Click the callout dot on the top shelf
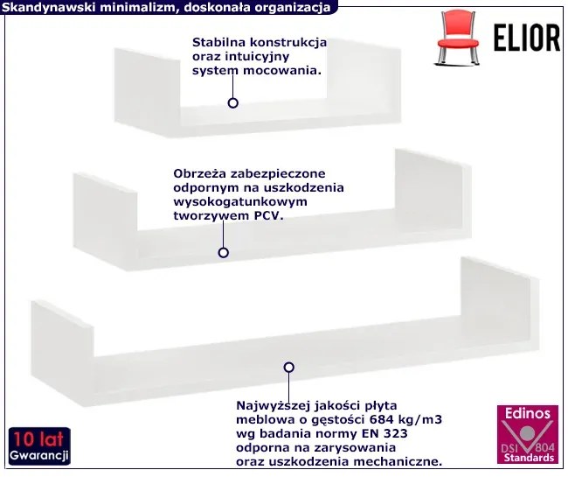pos(233,102)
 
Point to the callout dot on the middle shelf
pos(223,252)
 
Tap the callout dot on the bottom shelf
pos(289,368)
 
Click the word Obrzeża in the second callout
pos(199,172)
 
